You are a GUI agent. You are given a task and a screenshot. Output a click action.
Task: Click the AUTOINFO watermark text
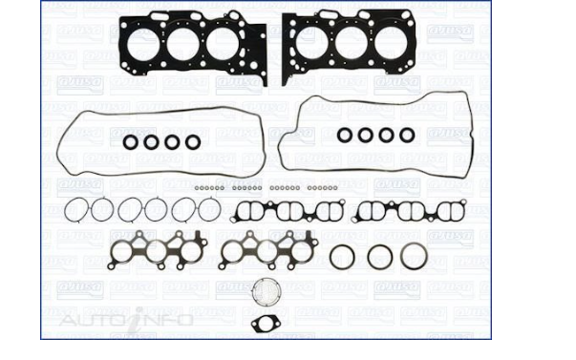click(126, 319)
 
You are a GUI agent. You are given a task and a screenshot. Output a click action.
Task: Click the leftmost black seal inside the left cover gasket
click(131, 142)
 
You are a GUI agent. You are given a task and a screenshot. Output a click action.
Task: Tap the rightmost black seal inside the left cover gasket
click(193, 142)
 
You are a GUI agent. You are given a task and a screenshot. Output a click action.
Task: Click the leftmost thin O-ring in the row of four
click(78, 208)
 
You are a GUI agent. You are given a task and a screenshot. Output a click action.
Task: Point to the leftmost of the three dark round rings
click(341, 256)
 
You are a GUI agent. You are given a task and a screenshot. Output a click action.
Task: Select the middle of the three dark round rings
click(378, 256)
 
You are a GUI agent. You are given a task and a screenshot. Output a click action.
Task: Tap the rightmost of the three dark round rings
click(414, 256)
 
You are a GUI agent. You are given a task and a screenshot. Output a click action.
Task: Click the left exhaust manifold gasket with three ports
click(159, 251)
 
